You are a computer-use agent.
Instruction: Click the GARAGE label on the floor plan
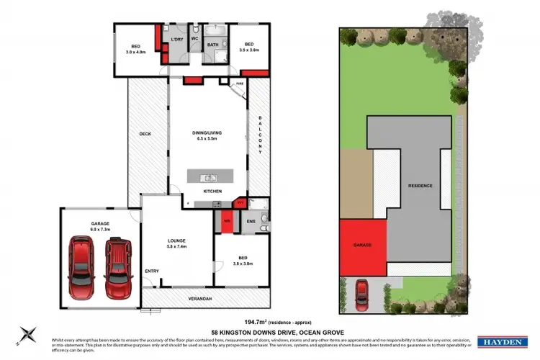click(100, 224)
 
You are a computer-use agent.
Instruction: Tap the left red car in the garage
click(81, 267)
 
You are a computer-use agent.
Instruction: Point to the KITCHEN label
click(212, 191)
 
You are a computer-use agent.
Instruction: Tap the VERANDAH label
click(207, 296)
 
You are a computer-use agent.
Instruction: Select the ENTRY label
click(152, 271)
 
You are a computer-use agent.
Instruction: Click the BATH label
click(213, 45)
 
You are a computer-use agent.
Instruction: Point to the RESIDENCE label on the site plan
click(420, 186)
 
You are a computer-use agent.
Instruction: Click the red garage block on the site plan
click(362, 246)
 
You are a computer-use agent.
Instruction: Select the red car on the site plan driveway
click(363, 296)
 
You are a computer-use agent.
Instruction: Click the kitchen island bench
click(212, 177)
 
